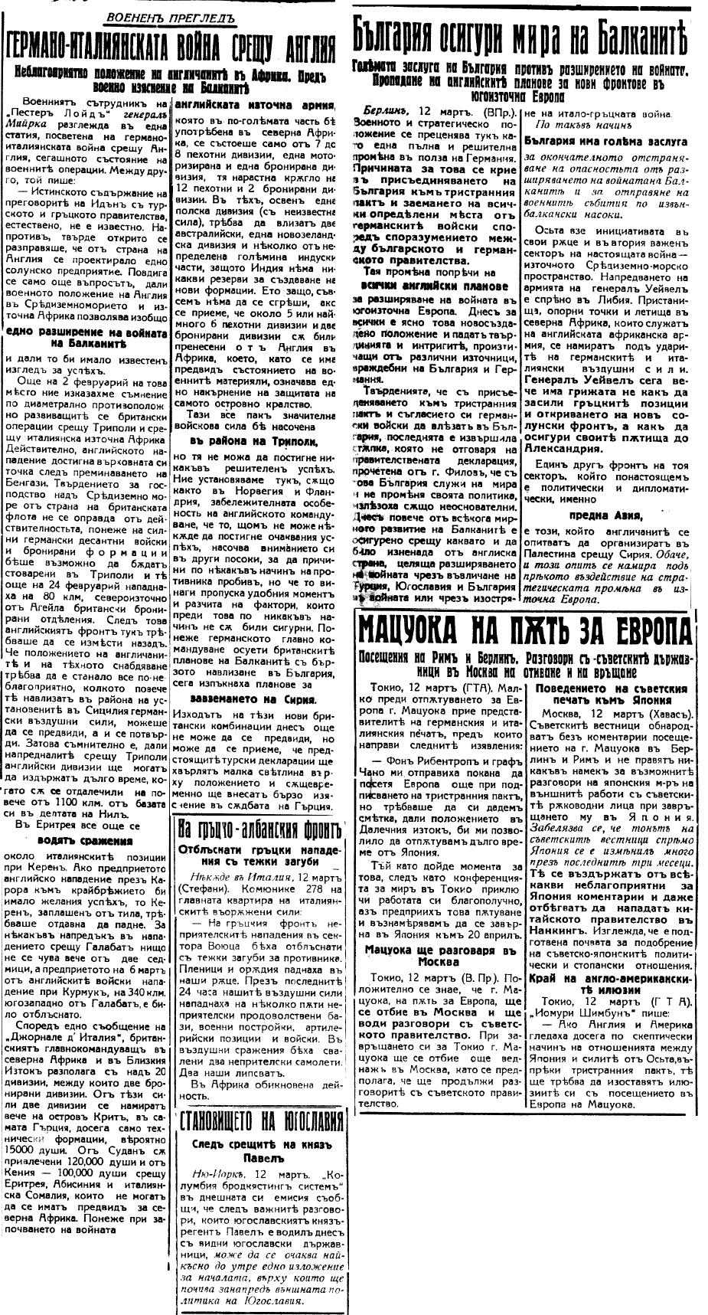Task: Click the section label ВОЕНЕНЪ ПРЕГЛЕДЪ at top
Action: pos(171,16)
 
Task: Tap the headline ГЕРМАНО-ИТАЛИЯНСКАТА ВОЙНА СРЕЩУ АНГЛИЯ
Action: pos(171,47)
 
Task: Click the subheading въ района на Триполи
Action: pos(259,442)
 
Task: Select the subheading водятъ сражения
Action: pos(89,841)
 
